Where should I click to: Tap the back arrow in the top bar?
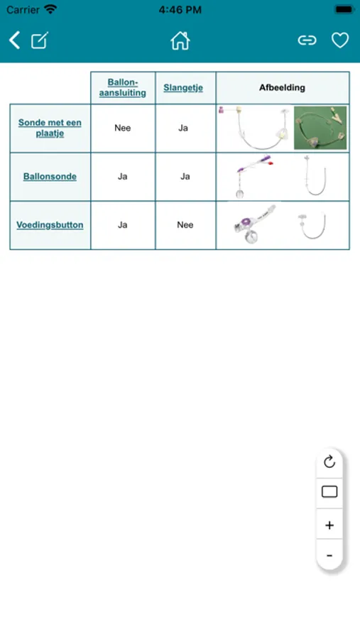tap(15, 40)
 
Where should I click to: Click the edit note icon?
tap(40, 40)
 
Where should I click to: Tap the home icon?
tap(180, 40)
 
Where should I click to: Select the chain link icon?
tap(307, 40)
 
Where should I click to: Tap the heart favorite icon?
tap(340, 40)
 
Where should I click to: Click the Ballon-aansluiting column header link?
tap(123, 87)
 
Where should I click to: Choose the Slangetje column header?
tap(183, 87)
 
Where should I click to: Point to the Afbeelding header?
tap(282, 87)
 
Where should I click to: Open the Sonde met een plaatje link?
tap(50, 128)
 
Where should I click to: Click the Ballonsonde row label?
tap(50, 177)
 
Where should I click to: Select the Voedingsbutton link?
tap(50, 225)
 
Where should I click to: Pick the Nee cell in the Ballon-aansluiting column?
tap(123, 128)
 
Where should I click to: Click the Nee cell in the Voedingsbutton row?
tap(185, 225)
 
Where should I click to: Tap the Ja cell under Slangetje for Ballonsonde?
tap(185, 177)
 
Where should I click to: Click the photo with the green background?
tap(320, 128)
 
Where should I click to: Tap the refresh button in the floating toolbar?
tap(329, 461)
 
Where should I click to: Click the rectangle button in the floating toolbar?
tap(329, 492)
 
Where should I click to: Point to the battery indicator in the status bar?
tap(344, 9)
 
